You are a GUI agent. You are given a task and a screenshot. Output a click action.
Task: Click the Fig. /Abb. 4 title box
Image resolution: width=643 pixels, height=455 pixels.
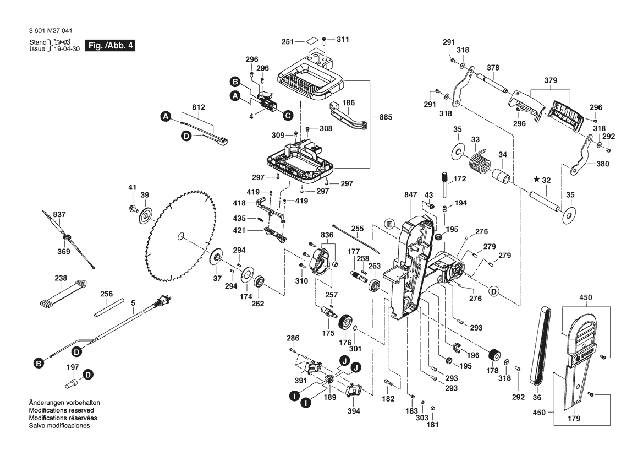109,46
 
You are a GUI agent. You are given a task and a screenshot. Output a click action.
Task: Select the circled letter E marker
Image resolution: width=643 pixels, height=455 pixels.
389,224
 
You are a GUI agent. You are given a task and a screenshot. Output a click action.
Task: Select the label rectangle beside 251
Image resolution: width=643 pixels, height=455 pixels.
311,41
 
